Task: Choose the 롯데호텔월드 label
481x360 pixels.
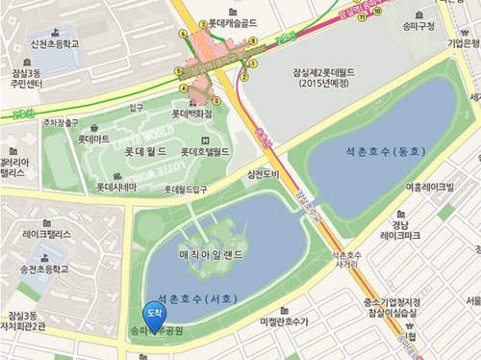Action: coord(204,151)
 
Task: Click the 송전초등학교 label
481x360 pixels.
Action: coord(46,270)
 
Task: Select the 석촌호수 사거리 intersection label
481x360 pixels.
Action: coord(345,261)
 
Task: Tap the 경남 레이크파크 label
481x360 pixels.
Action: coord(400,227)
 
